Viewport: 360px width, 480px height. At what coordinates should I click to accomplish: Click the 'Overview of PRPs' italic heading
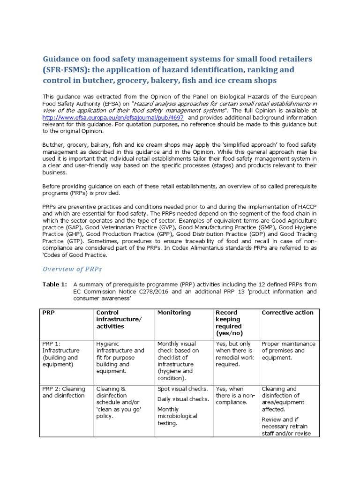72,269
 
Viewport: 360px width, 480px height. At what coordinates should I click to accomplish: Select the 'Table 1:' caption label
54,284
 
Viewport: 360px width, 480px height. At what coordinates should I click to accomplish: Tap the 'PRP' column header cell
48,313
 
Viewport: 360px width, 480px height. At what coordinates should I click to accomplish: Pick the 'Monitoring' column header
174,313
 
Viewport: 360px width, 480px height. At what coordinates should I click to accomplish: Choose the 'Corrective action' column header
287,313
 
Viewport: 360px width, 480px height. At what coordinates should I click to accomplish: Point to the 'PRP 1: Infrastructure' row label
61,354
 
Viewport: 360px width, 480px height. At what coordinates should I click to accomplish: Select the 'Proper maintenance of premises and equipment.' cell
288,351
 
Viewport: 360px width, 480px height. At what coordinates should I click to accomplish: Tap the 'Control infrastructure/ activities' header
119,319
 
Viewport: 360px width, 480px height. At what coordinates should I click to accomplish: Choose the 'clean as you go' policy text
119,409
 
